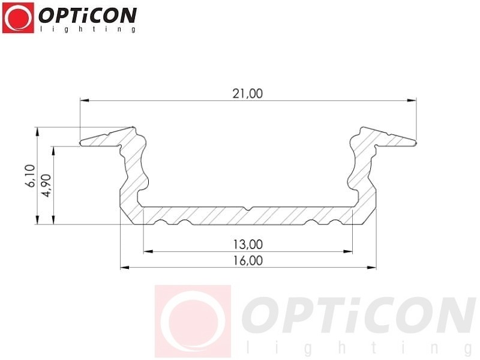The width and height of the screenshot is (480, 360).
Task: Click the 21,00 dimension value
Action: point(248,94)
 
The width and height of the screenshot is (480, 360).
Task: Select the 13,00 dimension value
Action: point(248,244)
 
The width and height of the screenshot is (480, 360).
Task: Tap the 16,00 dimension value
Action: point(248,260)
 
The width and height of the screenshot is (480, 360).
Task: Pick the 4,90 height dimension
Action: point(47,185)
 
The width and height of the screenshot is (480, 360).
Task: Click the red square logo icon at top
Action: point(18,18)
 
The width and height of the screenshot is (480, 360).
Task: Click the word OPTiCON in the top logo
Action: point(88,16)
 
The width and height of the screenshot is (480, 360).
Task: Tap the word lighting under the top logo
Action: point(88,29)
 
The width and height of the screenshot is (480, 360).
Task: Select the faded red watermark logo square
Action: point(193,321)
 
